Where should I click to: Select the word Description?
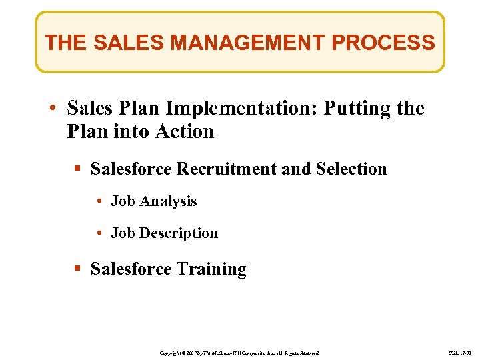[178, 233]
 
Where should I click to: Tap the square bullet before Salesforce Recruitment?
[78, 169]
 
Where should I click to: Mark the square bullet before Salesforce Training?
[78, 269]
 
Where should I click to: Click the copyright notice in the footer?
[240, 351]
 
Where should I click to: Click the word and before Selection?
[296, 169]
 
